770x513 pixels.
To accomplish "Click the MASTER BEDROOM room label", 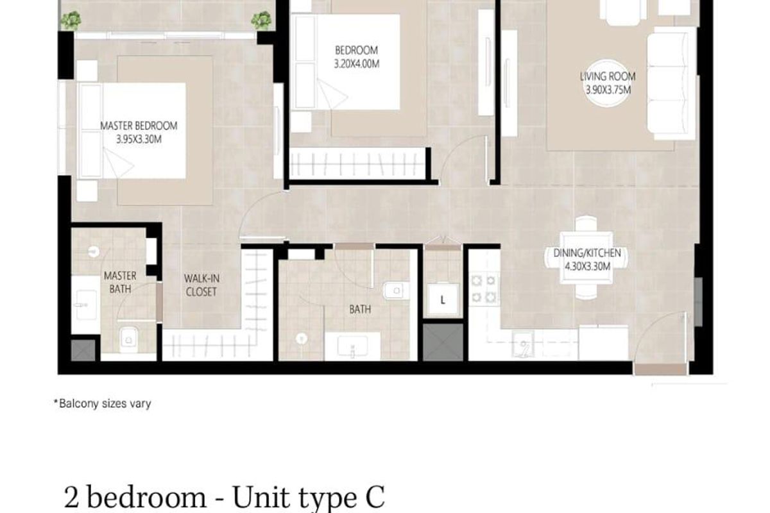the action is click(139, 126).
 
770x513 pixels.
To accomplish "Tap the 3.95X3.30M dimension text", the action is click(139, 140).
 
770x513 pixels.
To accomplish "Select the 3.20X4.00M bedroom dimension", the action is click(357, 64).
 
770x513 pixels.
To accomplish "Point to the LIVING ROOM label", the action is click(608, 76).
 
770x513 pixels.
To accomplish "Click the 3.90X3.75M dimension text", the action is click(608, 90).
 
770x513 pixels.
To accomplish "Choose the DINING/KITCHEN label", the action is click(586, 253).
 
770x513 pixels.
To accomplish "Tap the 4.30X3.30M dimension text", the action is click(588, 266).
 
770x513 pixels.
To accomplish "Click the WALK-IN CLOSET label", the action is click(201, 285).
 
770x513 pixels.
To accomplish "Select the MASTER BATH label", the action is click(120, 282).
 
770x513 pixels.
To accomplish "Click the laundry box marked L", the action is click(443, 300).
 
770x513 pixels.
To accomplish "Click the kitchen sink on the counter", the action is click(523, 344).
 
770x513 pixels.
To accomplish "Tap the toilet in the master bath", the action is click(128, 339).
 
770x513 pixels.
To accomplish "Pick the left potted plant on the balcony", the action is click(71, 21).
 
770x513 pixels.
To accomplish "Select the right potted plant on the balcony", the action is click(261, 21).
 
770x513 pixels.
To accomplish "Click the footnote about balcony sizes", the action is click(103, 403).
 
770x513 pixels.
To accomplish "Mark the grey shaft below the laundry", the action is click(443, 342).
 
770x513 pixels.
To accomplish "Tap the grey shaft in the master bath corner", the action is click(83, 350).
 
